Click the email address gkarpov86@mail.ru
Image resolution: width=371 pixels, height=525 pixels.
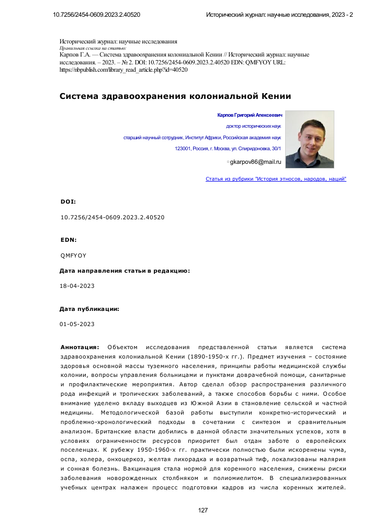coord(256,162)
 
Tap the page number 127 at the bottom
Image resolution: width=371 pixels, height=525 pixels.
coord(204,510)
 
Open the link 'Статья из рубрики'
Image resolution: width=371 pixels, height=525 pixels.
coord(276,179)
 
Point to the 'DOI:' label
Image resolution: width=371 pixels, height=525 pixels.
coord(69,202)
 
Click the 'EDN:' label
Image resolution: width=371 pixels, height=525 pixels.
coord(69,240)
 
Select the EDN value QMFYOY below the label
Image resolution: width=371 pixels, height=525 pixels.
coord(74,255)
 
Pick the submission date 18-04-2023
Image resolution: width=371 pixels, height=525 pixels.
coord(77,286)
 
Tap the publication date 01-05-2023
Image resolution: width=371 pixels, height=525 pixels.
coord(77,325)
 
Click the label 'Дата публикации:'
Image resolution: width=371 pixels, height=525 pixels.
coord(89,309)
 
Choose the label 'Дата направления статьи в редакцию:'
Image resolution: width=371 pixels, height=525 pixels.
coord(125,271)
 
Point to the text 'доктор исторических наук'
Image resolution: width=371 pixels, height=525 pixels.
coord(254,127)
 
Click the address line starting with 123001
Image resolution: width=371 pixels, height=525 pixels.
coord(228,149)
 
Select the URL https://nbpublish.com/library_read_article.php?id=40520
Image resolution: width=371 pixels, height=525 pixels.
coord(123,69)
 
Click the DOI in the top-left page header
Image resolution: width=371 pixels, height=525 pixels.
coord(96,15)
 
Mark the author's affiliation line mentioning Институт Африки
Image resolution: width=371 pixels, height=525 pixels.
coord(202,138)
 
